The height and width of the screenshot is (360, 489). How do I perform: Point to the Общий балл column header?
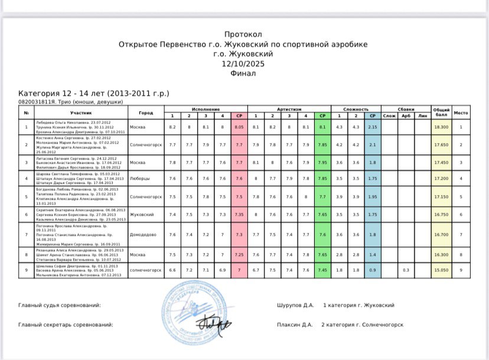440,112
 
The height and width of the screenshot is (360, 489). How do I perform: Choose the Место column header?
461,112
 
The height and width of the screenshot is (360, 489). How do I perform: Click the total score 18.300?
440,127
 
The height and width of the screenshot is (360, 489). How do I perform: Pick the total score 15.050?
440,270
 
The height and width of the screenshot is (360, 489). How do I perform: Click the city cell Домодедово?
145,235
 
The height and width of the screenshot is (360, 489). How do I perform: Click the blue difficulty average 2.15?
373,127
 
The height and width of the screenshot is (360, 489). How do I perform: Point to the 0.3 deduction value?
406,270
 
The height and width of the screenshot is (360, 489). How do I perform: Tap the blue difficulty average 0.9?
373,270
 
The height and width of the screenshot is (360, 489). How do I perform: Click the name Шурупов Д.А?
294,305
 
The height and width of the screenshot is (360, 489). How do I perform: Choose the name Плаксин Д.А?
294,325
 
